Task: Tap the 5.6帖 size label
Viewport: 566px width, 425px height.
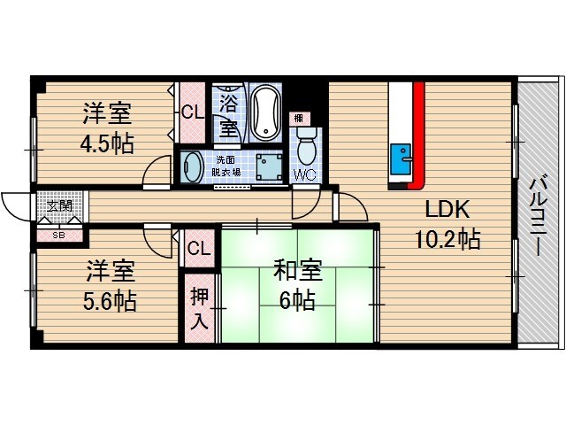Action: (111, 300)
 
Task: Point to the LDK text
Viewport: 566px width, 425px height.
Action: (449, 210)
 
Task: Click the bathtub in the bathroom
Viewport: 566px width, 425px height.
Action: (264, 113)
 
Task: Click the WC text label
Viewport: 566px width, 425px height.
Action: (304, 173)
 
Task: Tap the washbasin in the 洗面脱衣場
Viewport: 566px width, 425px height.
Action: (192, 166)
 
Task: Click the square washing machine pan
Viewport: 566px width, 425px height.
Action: (265, 166)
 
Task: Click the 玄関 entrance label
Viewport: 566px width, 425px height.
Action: (60, 206)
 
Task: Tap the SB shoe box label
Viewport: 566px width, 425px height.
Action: (58, 235)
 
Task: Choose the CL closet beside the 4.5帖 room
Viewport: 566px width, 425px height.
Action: (191, 112)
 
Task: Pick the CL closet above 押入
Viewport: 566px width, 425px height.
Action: (199, 249)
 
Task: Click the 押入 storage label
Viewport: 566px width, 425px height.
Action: (200, 306)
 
